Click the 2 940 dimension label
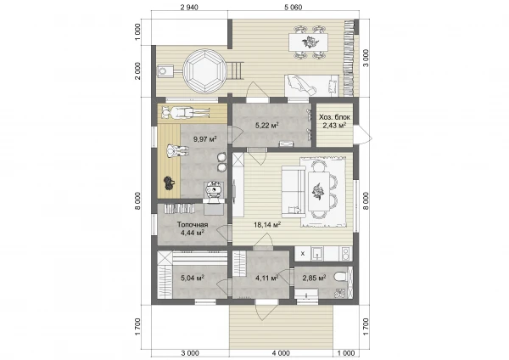pos(189,7)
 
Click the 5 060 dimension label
pos(294,7)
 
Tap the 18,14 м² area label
pos(267,224)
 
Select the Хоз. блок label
pos(334,117)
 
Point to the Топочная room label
pos(193,224)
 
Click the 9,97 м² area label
pos(204,139)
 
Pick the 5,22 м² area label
pos(267,125)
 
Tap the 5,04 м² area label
pos(193,278)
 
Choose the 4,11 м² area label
pos(267,278)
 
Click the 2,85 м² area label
pos(314,278)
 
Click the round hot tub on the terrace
pos(204,70)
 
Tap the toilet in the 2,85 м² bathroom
pos(340,277)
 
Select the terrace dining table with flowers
pos(308,42)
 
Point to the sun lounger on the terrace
pos(311,85)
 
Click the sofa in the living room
pos(294,191)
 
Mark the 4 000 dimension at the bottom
pos(281,353)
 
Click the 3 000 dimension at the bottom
pos(190,353)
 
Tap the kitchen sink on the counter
pos(316,253)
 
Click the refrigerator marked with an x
pos(303,253)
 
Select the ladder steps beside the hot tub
pos(237,70)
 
